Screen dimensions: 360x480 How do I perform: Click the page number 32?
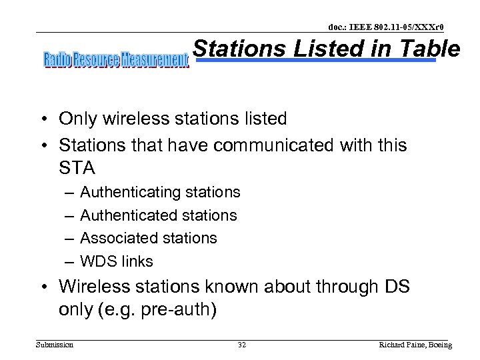pyautogui.click(x=242, y=345)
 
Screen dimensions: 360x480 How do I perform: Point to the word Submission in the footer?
pyautogui.click(x=55, y=345)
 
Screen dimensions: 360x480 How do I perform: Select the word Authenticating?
pyautogui.click(x=130, y=193)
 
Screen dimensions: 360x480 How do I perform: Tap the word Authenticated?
pyautogui.click(x=129, y=215)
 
